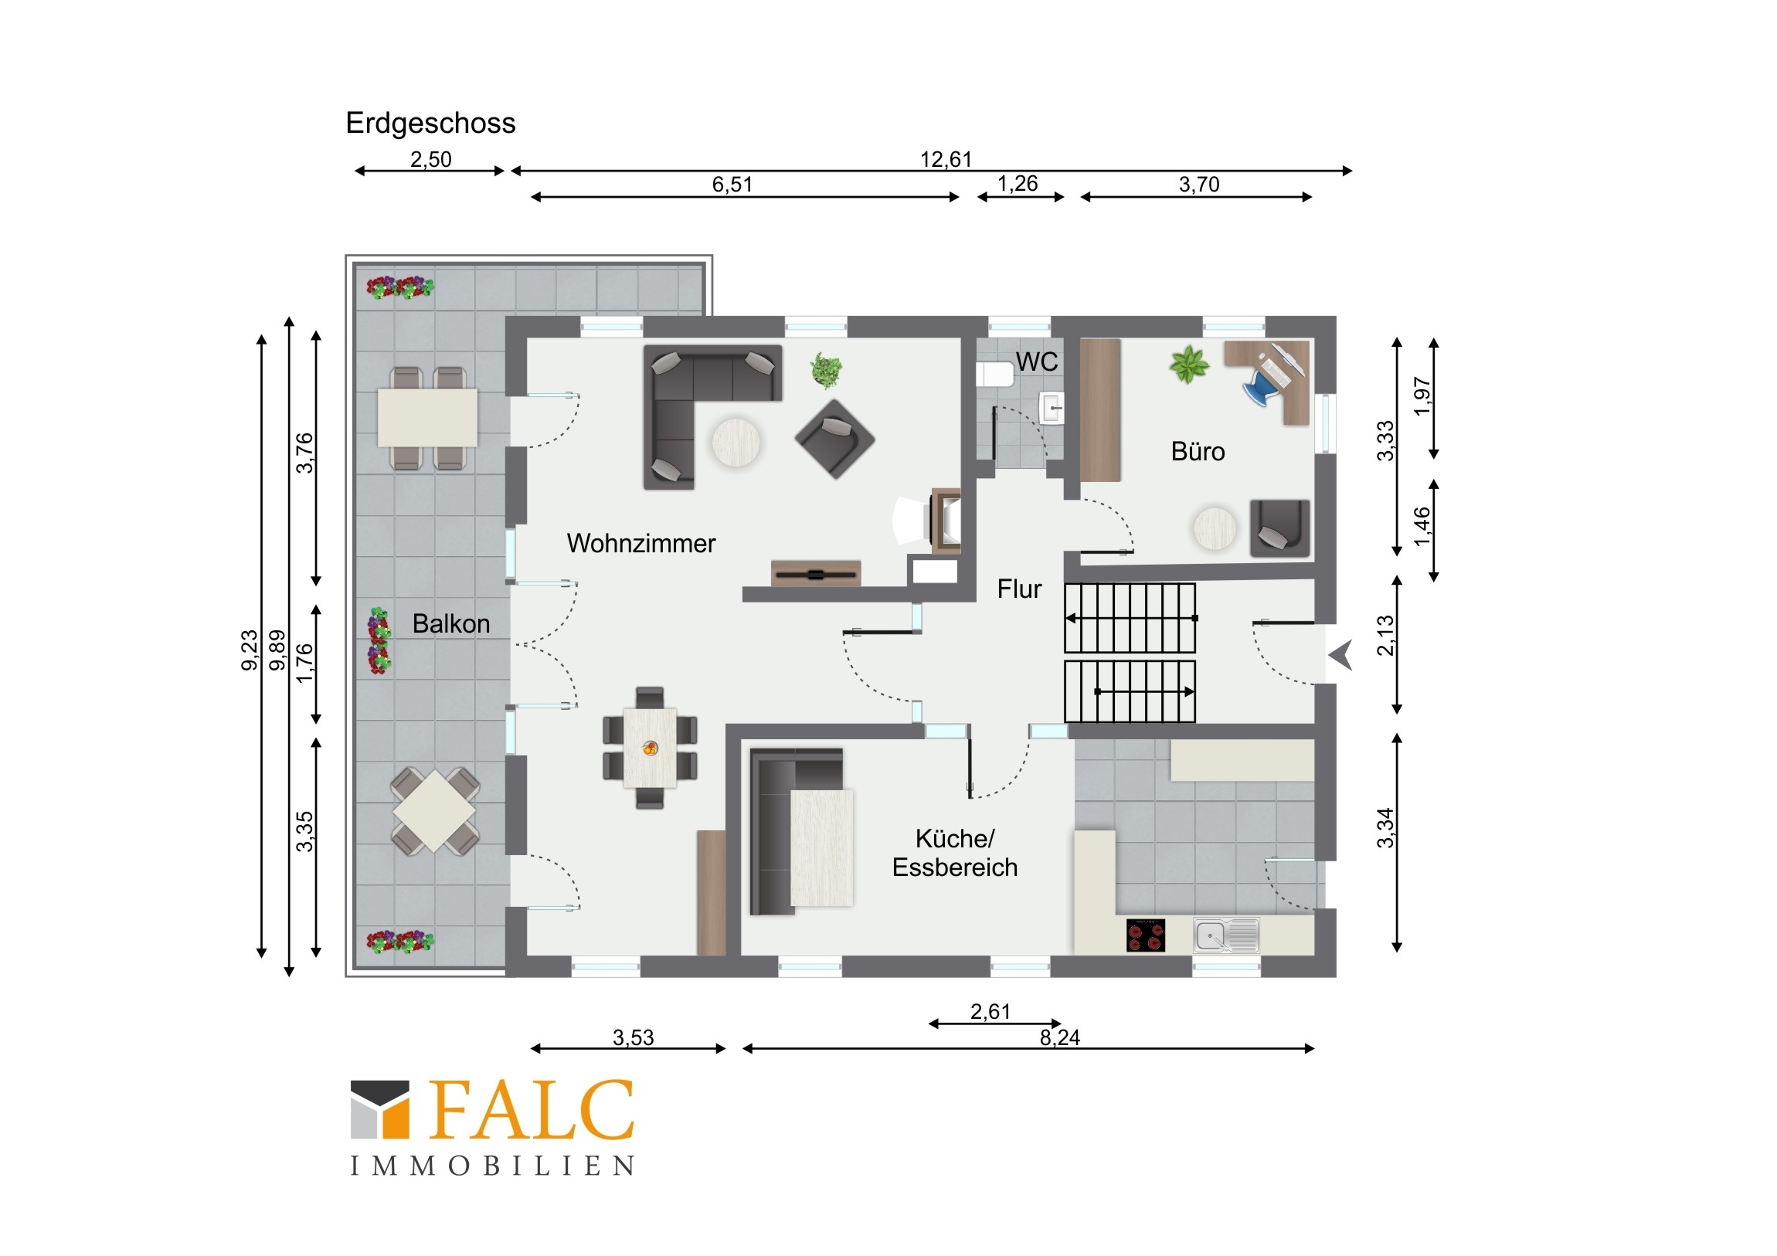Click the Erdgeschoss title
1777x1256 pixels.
(x=430, y=123)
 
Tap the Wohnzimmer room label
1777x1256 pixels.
(x=640, y=543)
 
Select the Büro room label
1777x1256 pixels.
(x=1198, y=451)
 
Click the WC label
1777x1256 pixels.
(x=1036, y=362)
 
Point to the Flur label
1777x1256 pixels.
(x=1019, y=589)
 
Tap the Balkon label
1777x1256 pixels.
(x=451, y=623)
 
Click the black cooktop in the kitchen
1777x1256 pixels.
(x=1146, y=934)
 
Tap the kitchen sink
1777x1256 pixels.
(x=1226, y=935)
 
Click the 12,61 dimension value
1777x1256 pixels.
(x=946, y=159)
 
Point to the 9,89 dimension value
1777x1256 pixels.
(x=277, y=650)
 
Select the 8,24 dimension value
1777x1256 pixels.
(x=1059, y=1037)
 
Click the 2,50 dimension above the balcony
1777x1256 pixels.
(x=430, y=159)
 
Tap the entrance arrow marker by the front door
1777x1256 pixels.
(x=1340, y=655)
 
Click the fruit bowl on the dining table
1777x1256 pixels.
(x=650, y=749)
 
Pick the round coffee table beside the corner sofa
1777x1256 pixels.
(x=736, y=443)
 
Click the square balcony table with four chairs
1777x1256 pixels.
(x=434, y=810)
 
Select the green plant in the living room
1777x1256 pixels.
(x=827, y=370)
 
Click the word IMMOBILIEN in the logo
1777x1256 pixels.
(x=493, y=1166)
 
